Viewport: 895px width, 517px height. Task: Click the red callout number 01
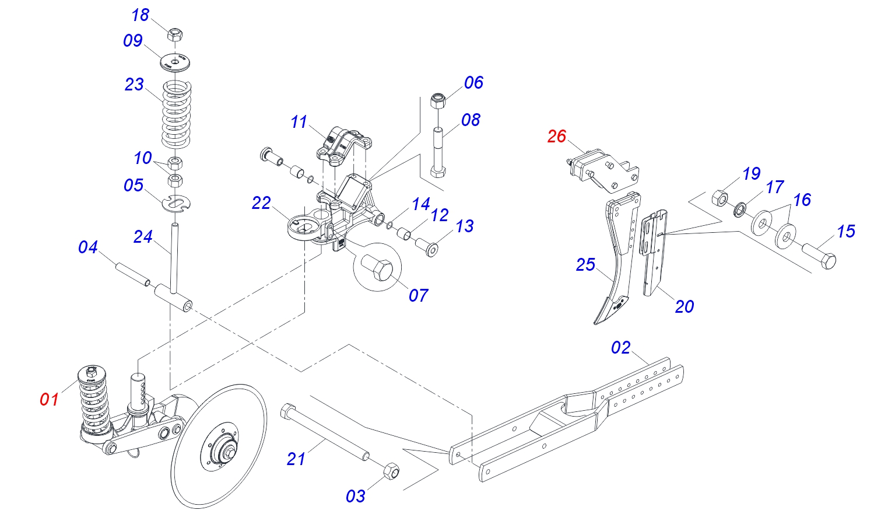(49, 399)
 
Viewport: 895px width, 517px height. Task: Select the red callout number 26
(557, 137)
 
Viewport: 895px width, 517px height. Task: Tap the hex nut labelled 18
(175, 34)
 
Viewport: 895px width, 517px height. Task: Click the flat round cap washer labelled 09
(175, 62)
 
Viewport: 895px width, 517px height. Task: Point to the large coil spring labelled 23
(176, 114)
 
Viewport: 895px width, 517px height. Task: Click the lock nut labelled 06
(438, 100)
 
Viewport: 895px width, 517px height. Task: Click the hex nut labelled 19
(721, 198)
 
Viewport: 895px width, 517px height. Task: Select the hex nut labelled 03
(391, 471)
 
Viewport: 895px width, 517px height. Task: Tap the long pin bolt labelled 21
(325, 432)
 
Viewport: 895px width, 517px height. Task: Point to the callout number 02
(620, 347)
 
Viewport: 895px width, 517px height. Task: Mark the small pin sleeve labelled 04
(133, 274)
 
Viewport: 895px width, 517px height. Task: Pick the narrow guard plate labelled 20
(654, 252)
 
